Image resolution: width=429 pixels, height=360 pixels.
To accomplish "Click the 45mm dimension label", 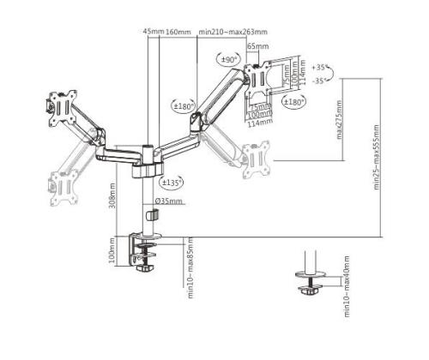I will click(x=154, y=33).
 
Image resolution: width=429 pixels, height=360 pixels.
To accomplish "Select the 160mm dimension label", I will click(x=178, y=33).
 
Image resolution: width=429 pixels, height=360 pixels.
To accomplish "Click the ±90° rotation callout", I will click(x=229, y=59).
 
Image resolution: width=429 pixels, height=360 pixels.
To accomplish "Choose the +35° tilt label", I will click(x=321, y=66).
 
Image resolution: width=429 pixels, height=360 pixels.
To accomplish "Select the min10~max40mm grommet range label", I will click(x=347, y=287).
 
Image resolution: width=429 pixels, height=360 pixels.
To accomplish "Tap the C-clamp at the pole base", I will click(x=146, y=251).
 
